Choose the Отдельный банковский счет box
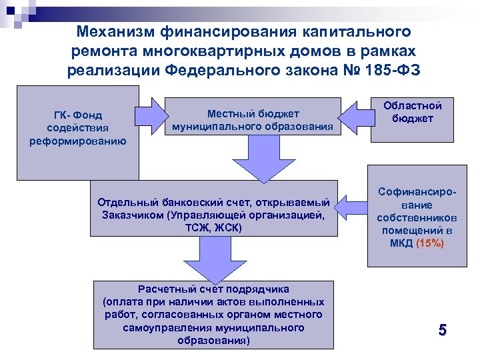(x=213, y=214)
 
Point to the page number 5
(x=442, y=329)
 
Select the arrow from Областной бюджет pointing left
(x=356, y=114)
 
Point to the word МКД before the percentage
(x=401, y=243)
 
